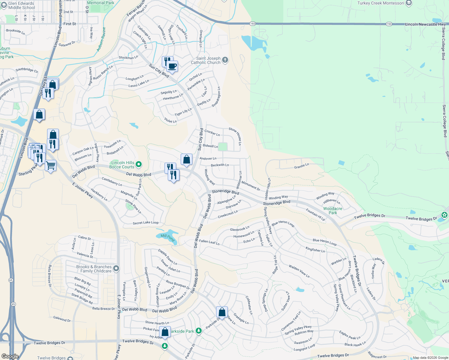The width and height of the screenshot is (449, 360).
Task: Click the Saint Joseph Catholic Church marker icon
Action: click(225, 60)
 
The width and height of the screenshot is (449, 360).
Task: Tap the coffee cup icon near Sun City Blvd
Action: click(172, 66)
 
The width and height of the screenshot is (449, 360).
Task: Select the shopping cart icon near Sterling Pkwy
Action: click(51, 165)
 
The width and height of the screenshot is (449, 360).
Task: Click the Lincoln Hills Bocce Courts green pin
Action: click(139, 164)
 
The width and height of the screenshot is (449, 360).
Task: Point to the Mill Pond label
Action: click(167, 238)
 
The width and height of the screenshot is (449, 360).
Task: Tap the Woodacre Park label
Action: click(333, 211)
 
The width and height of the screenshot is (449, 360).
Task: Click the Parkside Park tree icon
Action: click(198, 331)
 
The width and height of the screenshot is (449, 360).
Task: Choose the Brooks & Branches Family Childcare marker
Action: click(116, 268)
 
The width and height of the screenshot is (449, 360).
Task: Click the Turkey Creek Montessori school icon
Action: click(408, 3)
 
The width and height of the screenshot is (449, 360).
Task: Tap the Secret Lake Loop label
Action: click(146, 223)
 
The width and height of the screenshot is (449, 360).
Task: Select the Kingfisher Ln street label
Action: click(315, 250)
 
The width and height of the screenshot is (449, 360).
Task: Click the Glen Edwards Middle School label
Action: click(21, 5)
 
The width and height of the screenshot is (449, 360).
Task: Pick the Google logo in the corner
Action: click(10, 356)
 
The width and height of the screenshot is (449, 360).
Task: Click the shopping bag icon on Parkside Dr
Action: click(222, 312)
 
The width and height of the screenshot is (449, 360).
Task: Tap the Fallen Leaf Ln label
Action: click(209, 242)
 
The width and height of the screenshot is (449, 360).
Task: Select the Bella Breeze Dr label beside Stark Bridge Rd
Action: click(104, 309)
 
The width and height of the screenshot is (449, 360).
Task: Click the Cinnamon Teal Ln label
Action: click(291, 321)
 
